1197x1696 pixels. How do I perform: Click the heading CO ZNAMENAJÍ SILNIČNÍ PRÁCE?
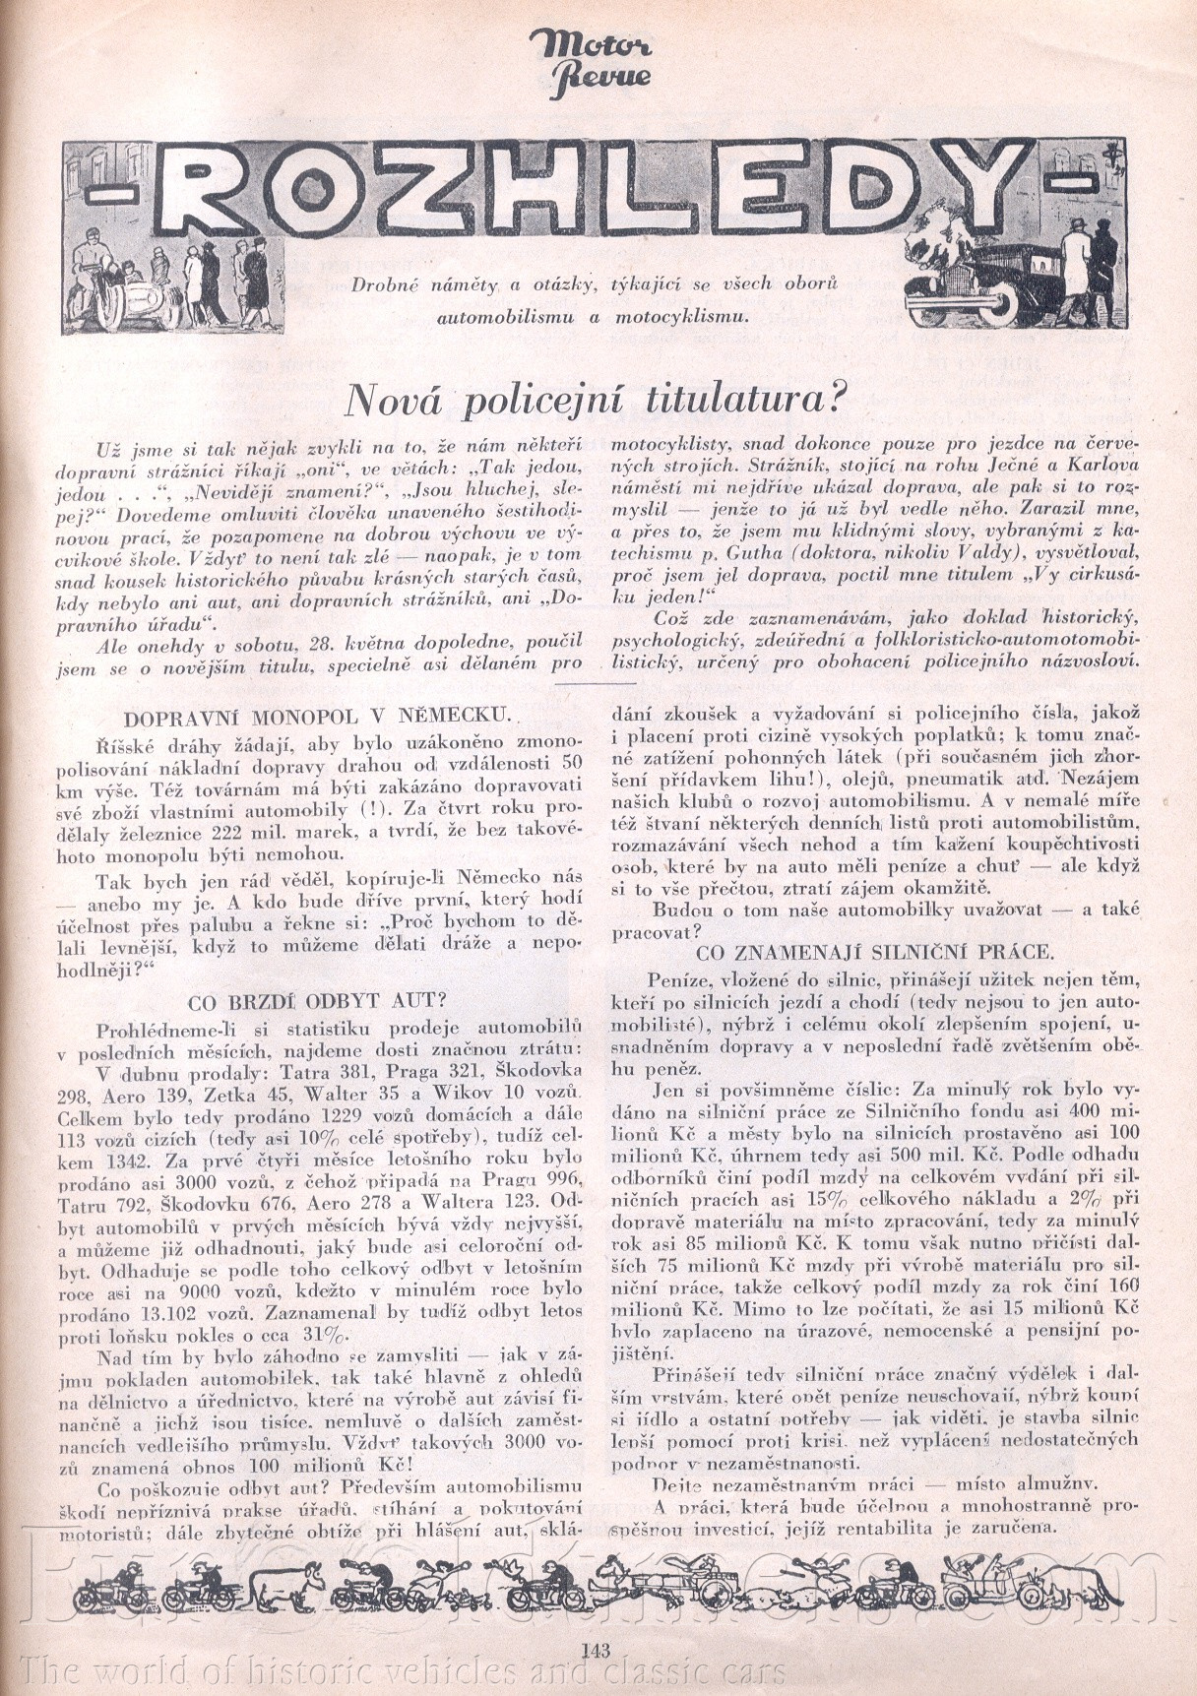[874, 953]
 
